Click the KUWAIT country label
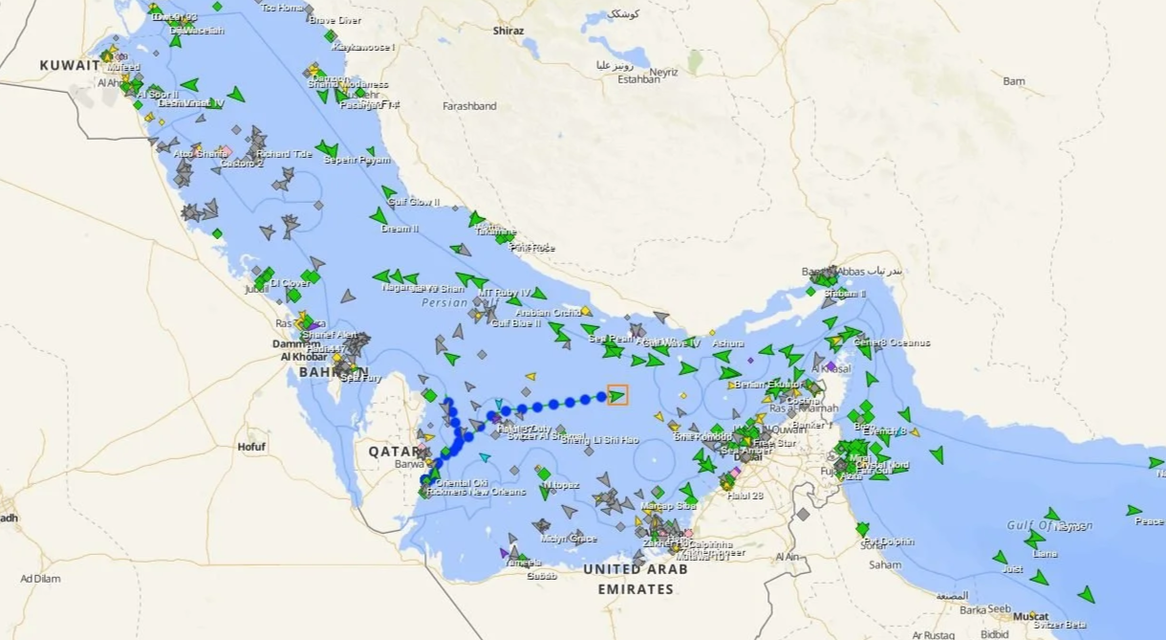tap(70, 65)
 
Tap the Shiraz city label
tap(508, 31)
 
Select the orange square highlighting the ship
tap(617, 394)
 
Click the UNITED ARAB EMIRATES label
tap(636, 579)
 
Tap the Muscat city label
tap(1031, 616)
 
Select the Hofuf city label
tap(251, 447)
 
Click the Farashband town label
tap(469, 106)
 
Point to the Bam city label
tap(1014, 81)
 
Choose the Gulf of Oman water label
tap(1048, 526)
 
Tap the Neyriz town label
tap(662, 72)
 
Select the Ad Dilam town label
tap(40, 579)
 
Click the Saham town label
tap(885, 564)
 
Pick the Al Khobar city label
tap(302, 357)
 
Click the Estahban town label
tap(639, 79)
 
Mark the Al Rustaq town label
tap(934, 634)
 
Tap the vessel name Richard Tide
tap(284, 153)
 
